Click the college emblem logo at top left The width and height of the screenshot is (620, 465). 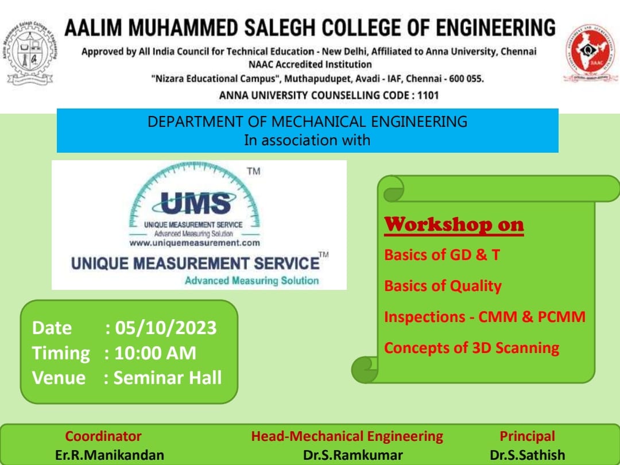pyautogui.click(x=30, y=53)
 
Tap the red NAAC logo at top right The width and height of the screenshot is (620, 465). pyautogui.click(x=591, y=53)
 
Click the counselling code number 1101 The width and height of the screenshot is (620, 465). pyautogui.click(x=428, y=95)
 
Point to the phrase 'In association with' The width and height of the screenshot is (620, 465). pyautogui.click(x=307, y=141)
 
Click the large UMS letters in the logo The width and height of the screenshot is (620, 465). pyautogui.click(x=196, y=203)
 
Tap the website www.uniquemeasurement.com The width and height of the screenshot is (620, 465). pyautogui.click(x=195, y=243)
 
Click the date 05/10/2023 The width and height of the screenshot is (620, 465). pyautogui.click(x=166, y=328)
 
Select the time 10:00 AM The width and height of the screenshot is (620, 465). pyautogui.click(x=155, y=353)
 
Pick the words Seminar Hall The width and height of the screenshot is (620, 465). pyautogui.click(x=168, y=378)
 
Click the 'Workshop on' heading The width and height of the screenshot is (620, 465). pyautogui.click(x=454, y=224)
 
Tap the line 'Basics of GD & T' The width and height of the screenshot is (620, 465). pyautogui.click(x=442, y=255)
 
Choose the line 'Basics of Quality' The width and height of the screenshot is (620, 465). pyautogui.click(x=443, y=286)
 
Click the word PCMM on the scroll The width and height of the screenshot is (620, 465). pyautogui.click(x=561, y=317)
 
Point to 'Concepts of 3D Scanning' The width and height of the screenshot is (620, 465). pyautogui.click(x=472, y=348)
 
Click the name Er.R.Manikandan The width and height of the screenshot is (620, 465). pyautogui.click(x=110, y=455)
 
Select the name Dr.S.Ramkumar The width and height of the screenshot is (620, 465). pyautogui.click(x=353, y=455)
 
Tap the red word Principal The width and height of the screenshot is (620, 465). pyautogui.click(x=527, y=436)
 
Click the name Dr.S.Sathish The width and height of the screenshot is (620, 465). pyautogui.click(x=527, y=455)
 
